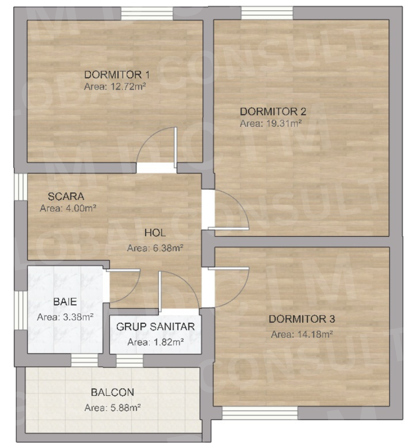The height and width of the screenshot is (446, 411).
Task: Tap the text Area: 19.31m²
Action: pyautogui.click(x=271, y=123)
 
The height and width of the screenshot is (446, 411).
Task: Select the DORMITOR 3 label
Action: pyautogui.click(x=302, y=320)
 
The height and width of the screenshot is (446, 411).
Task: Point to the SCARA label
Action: pyautogui.click(x=66, y=196)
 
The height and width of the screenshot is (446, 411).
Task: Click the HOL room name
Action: pyautogui.click(x=155, y=233)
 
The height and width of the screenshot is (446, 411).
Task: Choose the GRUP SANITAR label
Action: pyautogui.click(x=155, y=326)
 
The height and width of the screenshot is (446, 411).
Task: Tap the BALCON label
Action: pyautogui.click(x=112, y=393)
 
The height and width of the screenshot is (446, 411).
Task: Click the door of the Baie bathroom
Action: pyautogui.click(x=124, y=284)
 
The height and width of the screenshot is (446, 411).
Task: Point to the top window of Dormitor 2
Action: pyautogui.click(x=267, y=13)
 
